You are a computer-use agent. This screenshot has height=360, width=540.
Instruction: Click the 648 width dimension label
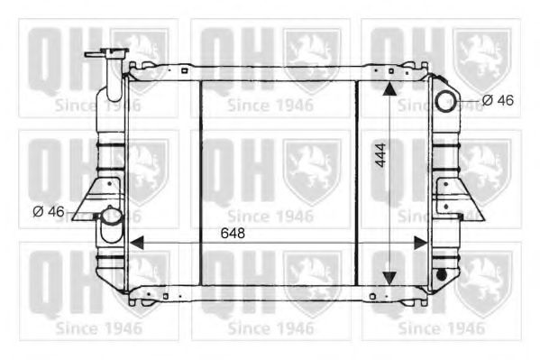[232, 233]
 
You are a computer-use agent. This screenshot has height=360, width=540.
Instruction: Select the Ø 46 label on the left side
[49, 211]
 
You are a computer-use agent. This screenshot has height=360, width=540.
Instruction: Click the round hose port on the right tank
[446, 100]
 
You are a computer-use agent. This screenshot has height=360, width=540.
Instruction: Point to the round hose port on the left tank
[109, 217]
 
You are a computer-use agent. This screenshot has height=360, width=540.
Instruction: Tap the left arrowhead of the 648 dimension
[136, 243]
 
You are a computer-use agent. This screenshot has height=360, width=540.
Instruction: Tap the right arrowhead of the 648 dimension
[420, 243]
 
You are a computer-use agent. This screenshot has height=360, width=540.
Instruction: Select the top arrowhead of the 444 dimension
[389, 88]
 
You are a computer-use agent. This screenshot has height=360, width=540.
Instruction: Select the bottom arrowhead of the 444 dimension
[389, 277]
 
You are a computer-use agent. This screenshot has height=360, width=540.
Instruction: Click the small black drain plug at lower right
[441, 273]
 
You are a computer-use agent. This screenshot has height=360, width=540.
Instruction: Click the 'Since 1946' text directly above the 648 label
[270, 216]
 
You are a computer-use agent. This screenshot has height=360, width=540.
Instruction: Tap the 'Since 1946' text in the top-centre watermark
[270, 105]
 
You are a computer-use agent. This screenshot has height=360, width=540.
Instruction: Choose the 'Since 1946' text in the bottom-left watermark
[98, 327]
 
